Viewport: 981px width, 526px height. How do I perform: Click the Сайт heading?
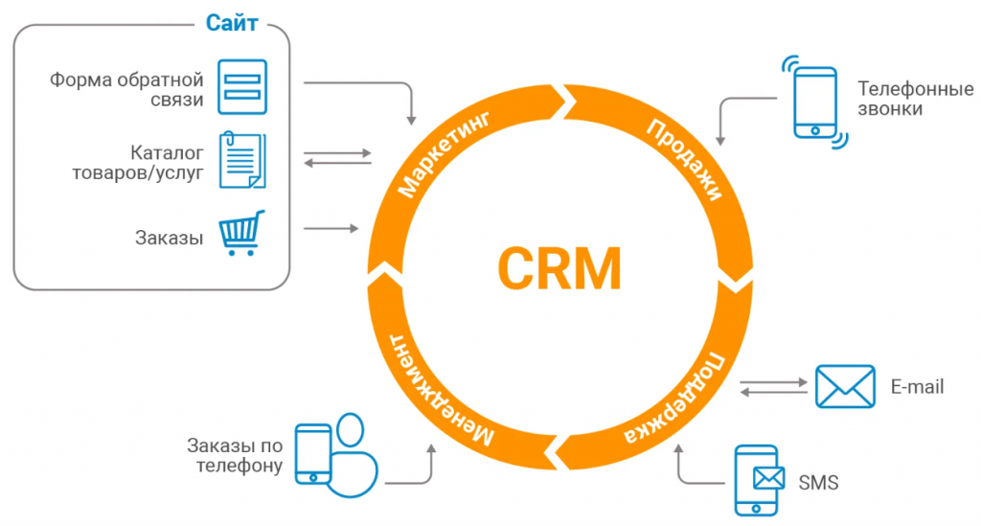click(x=232, y=24)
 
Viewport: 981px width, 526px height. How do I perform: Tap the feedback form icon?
click(x=242, y=87)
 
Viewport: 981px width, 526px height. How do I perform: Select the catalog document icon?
click(x=242, y=160)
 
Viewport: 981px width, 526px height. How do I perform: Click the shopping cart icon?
click(x=241, y=233)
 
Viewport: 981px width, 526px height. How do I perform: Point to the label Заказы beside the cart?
click(x=169, y=239)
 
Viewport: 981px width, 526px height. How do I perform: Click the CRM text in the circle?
click(x=559, y=269)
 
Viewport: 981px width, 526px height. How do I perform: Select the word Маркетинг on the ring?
click(x=444, y=154)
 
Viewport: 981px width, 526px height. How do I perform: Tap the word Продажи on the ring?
click(x=684, y=159)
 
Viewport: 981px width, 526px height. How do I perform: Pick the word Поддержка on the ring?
click(x=674, y=399)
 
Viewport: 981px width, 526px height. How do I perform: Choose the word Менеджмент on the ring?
click(x=442, y=390)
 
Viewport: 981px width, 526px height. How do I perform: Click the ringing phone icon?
click(x=814, y=103)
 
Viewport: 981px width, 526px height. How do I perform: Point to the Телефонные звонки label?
click(x=915, y=99)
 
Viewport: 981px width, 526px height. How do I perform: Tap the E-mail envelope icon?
click(x=845, y=386)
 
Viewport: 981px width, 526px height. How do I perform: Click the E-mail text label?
click(x=917, y=386)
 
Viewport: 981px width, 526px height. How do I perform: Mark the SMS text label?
click(x=818, y=483)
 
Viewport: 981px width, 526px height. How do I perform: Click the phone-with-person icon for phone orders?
click(x=336, y=455)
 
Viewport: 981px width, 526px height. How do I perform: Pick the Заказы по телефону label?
click(x=235, y=456)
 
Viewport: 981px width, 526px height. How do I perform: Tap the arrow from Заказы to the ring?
click(x=331, y=229)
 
